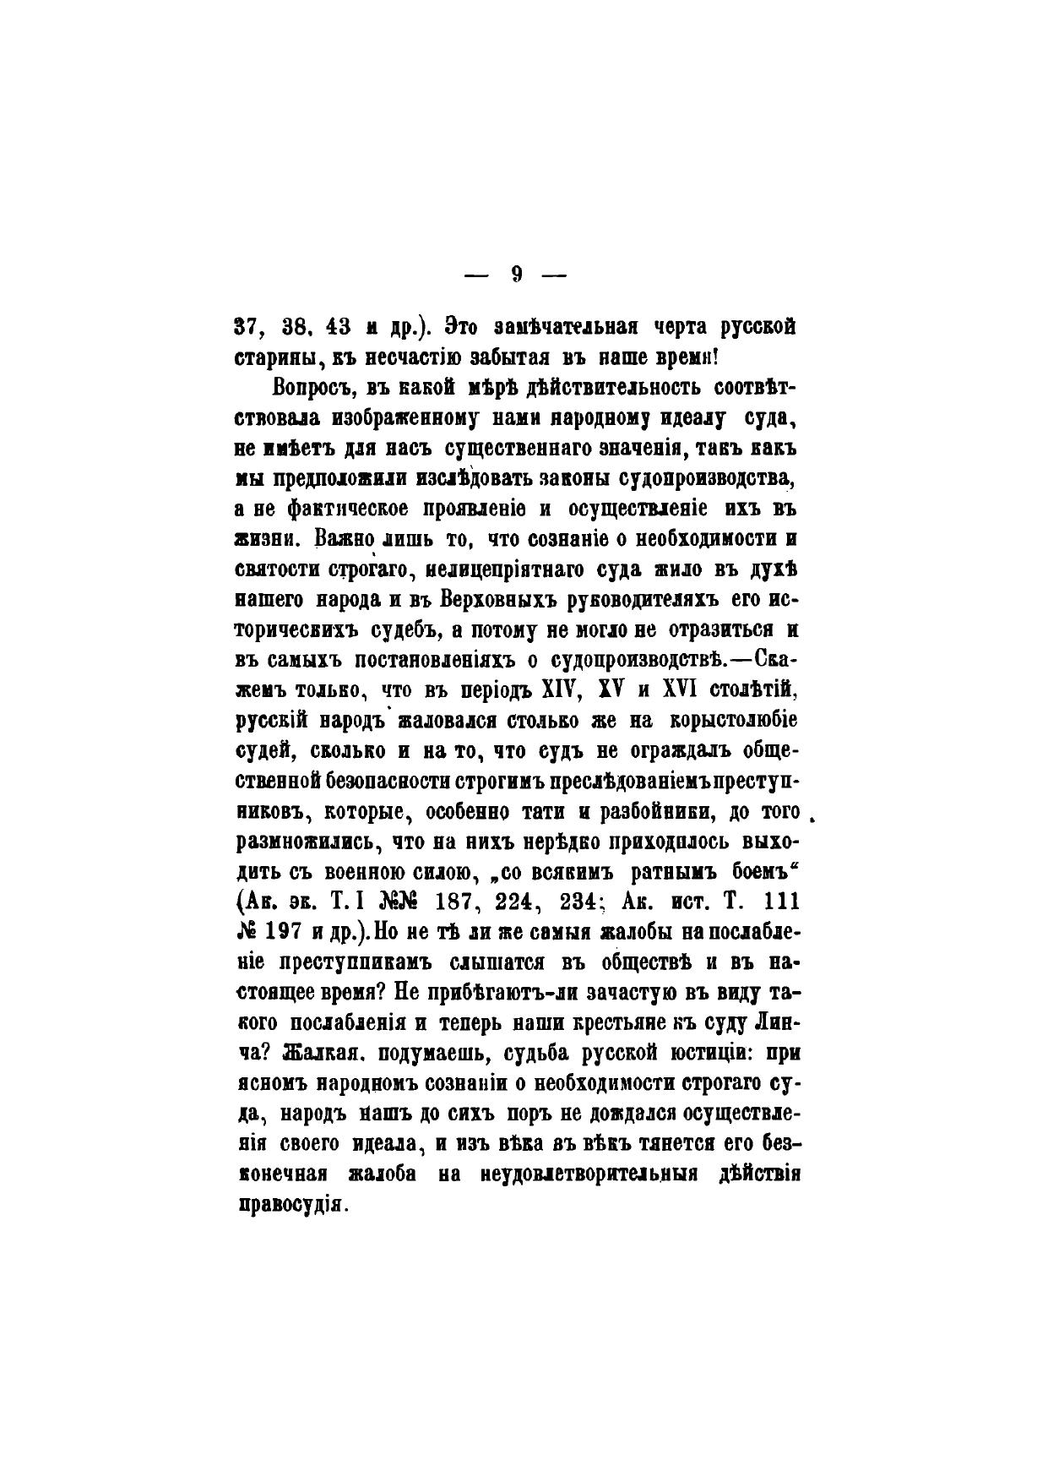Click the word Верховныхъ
point(493,600)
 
